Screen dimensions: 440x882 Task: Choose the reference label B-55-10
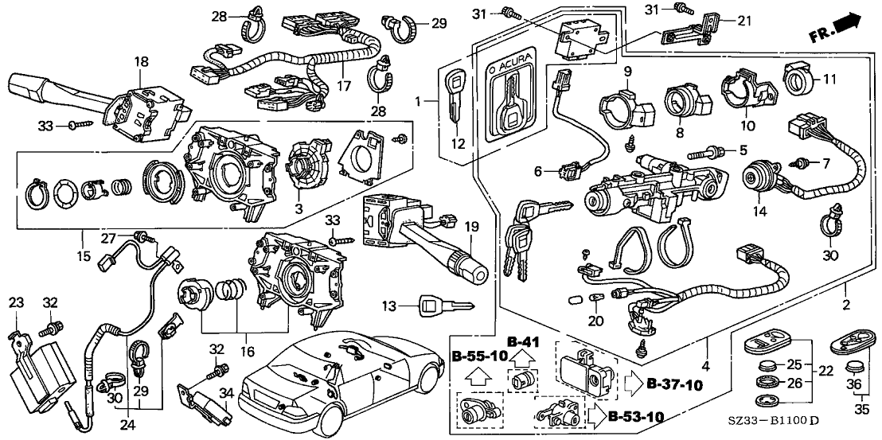pos(480,355)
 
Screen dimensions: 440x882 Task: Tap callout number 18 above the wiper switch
pos(141,61)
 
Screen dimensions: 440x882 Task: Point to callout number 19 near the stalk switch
pos(472,228)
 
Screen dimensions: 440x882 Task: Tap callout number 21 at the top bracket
pos(743,21)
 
